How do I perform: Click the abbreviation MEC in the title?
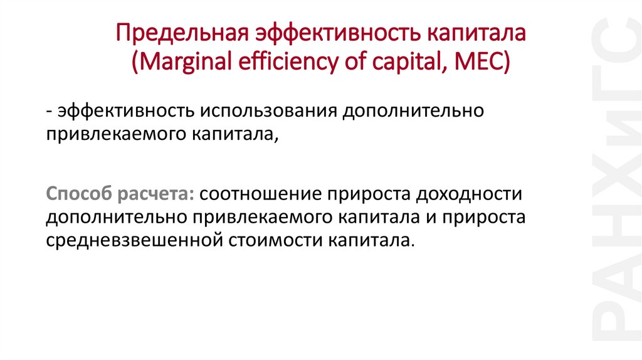pyautogui.click(x=486, y=63)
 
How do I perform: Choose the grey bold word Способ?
pyautogui.click(x=78, y=194)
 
